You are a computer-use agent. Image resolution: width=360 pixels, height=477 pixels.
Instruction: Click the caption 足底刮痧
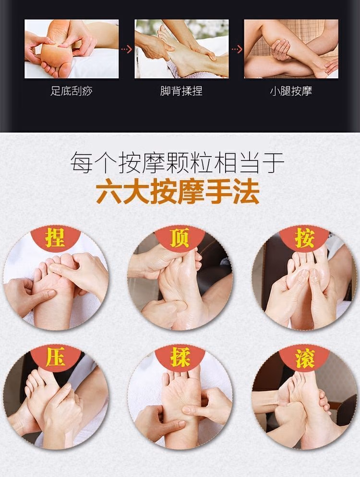72,91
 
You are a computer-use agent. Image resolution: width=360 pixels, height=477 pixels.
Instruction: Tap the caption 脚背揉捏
181,91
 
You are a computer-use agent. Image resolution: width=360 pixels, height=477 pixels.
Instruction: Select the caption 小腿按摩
291,91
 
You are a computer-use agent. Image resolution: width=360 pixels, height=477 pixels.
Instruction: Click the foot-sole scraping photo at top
72,49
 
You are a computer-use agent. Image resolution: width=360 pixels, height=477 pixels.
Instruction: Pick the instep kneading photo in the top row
181,49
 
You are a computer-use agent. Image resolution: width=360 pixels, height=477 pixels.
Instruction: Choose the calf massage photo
291,49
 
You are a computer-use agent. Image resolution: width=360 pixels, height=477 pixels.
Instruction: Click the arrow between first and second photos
126,49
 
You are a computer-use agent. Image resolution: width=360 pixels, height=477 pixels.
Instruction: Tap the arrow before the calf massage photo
236,49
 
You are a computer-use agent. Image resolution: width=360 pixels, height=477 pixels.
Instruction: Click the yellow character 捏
55,239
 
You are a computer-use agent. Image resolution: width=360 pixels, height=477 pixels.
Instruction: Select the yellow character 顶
180,239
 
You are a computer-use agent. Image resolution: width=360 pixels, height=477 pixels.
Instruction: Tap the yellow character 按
304,239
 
